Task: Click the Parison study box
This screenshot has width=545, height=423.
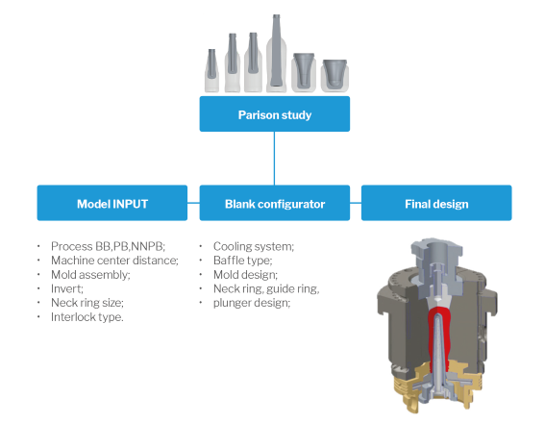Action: click(275, 114)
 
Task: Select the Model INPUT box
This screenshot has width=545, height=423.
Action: click(112, 203)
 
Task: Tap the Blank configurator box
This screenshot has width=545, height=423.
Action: click(275, 203)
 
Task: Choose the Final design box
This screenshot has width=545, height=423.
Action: click(436, 203)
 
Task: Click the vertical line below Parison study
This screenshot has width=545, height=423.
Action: click(274, 159)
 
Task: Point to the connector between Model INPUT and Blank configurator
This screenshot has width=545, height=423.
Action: click(193, 203)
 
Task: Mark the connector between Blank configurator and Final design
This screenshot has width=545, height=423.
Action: click(356, 203)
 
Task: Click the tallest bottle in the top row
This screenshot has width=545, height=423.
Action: click(276, 54)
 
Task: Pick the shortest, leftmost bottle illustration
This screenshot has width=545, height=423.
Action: click(211, 71)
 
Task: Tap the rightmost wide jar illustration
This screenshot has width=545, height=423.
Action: click(334, 76)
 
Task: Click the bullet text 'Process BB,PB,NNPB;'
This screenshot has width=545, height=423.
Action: click(108, 246)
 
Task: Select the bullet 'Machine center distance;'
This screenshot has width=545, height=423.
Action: click(114, 261)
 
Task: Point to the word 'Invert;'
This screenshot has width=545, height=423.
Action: click(67, 288)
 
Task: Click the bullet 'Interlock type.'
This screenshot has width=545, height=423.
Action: click(87, 317)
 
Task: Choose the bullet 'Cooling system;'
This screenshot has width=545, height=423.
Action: click(254, 246)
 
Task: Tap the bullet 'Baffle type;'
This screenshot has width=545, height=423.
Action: click(243, 261)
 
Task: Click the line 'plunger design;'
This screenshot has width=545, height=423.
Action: click(252, 303)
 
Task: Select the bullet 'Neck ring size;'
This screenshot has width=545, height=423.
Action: click(87, 303)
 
